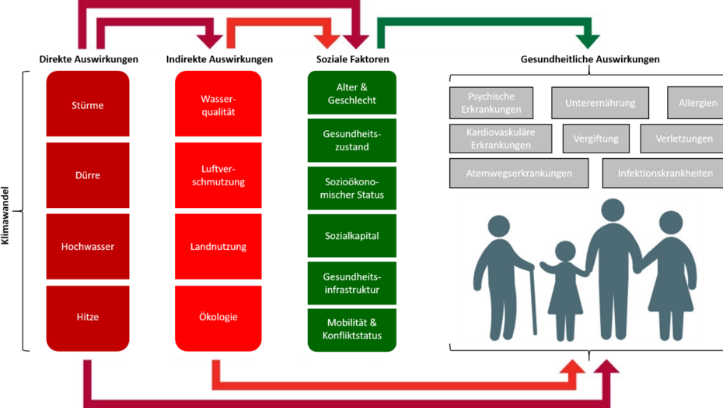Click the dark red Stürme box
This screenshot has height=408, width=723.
[88, 105]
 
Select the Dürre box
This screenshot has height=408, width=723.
[88, 175]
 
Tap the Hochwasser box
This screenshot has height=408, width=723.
[88, 247]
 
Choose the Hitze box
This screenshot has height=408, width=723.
[88, 317]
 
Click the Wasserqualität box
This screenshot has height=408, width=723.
[218, 105]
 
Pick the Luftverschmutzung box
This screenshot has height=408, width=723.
[218, 175]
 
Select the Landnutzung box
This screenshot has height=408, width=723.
[218, 247]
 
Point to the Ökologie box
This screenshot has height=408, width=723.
[218, 317]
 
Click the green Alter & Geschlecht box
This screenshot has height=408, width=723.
[352, 93]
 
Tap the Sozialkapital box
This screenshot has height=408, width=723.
[352, 235]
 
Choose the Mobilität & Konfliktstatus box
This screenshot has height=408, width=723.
[352, 329]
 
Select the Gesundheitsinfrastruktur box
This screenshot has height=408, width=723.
[352, 283]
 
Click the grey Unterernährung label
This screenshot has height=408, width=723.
[600, 103]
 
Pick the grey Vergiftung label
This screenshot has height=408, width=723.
[596, 139]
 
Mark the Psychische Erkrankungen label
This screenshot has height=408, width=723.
[491, 103]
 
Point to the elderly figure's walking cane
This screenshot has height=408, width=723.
[533, 300]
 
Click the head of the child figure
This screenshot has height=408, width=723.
[565, 251]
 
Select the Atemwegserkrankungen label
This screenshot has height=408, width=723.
[519, 173]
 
